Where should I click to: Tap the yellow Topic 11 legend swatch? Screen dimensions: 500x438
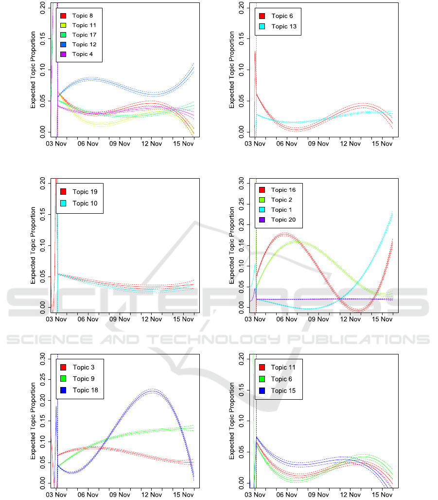click(63, 25)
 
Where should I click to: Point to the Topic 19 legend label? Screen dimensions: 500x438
click(85, 192)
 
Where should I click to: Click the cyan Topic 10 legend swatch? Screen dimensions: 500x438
click(63, 203)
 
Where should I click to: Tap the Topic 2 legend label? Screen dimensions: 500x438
click(281, 200)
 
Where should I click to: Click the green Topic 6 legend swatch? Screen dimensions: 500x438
click(262, 379)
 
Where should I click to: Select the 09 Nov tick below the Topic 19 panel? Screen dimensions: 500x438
click(120, 319)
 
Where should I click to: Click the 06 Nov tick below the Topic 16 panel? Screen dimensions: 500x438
click(287, 319)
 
